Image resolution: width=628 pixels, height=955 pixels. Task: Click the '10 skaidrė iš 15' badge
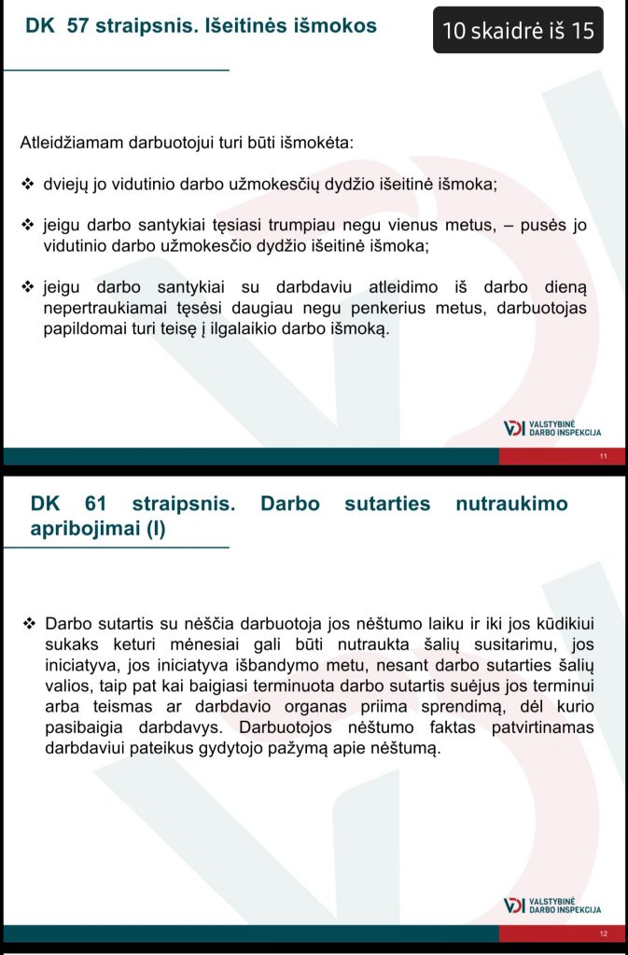[518, 31]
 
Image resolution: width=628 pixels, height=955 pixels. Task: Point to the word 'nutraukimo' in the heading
[510, 504]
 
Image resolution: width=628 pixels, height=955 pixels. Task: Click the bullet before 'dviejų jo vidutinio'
[28, 184]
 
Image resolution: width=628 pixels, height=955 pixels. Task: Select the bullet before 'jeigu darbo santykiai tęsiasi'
[28, 225]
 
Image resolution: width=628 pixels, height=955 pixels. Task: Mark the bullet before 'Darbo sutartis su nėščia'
[28, 622]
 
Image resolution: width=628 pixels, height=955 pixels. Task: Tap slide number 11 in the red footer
[603, 456]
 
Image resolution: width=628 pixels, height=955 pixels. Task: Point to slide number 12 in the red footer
[603, 933]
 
